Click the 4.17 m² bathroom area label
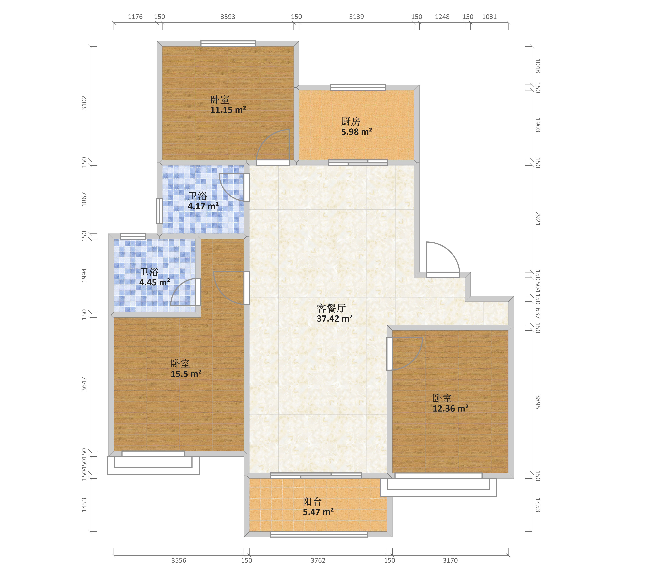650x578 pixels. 203,206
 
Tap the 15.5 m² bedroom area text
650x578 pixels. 186,374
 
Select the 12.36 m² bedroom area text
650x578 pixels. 450,409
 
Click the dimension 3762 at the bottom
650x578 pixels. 318,561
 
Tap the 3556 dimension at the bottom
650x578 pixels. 179,561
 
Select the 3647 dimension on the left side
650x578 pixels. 84,384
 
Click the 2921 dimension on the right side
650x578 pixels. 537,219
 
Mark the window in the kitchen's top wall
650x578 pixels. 358,87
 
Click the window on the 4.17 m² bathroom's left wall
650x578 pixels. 159,211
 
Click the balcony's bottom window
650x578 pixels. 319,534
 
